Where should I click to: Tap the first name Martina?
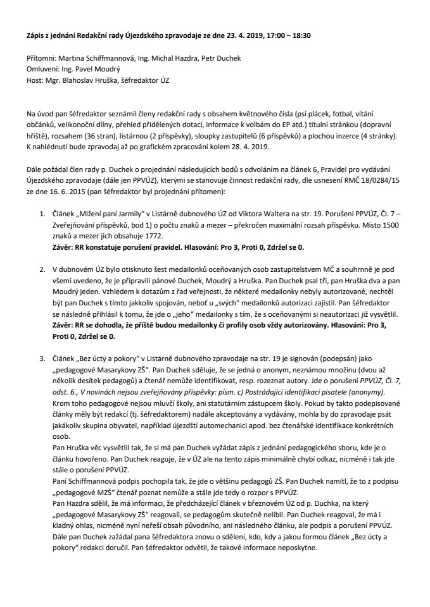tap(79, 58)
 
